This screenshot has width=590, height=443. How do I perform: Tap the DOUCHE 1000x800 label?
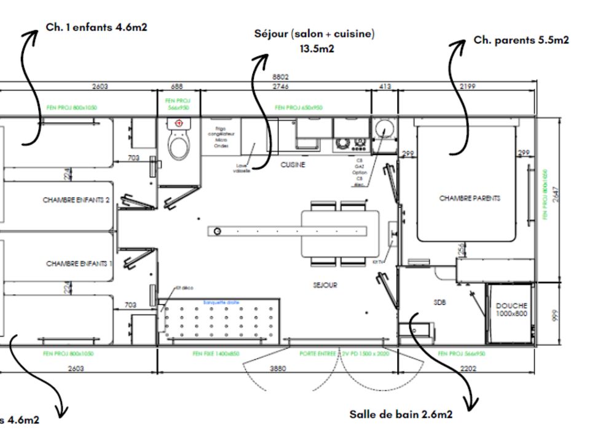click(511, 310)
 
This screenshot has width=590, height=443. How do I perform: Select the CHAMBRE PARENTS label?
click(470, 198)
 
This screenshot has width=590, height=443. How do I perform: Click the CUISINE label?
click(293, 165)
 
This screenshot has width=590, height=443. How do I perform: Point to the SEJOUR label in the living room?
click(324, 285)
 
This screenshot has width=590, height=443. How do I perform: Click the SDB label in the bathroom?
click(439, 302)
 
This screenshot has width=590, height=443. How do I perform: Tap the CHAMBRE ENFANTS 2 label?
click(76, 200)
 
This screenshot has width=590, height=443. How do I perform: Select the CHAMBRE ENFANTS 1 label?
click(79, 263)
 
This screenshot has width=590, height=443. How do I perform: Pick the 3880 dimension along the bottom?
click(278, 368)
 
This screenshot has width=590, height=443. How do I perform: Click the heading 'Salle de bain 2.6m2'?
click(401, 415)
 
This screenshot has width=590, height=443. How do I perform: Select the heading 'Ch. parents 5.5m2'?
click(521, 40)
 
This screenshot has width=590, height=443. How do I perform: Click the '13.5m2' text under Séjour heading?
click(317, 49)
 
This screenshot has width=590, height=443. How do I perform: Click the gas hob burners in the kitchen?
click(351, 145)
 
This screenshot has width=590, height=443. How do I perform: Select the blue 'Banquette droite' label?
click(219, 302)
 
